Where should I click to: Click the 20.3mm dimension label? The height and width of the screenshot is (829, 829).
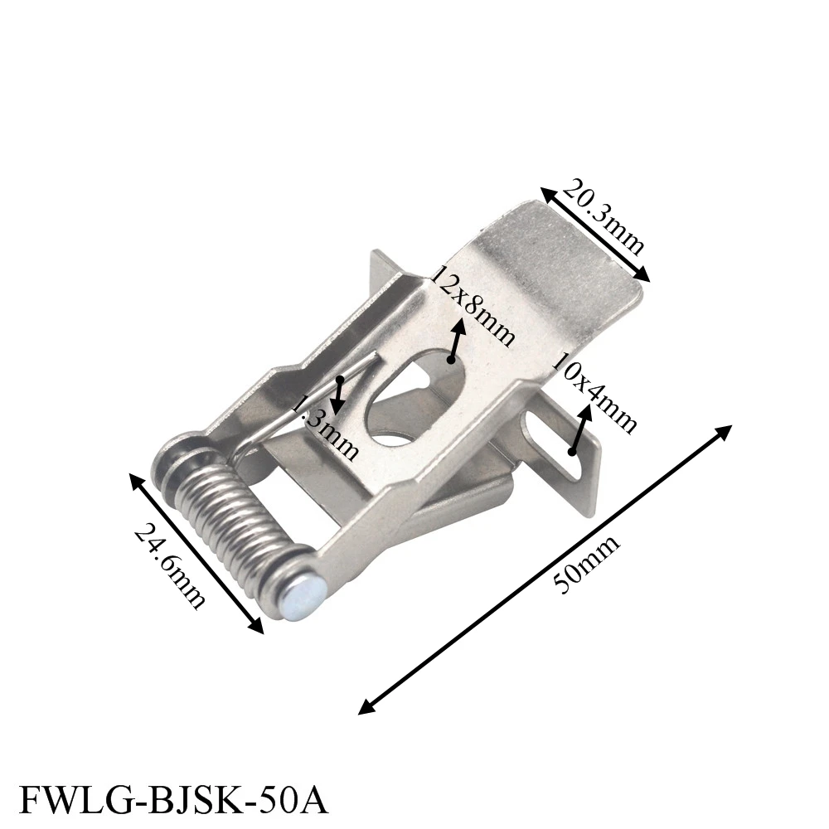coord(604,216)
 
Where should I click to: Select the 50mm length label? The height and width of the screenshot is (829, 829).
coord(586,565)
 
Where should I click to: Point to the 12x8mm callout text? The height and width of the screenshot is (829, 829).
coord(473,307)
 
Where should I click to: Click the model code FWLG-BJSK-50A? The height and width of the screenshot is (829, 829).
coord(173,801)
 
